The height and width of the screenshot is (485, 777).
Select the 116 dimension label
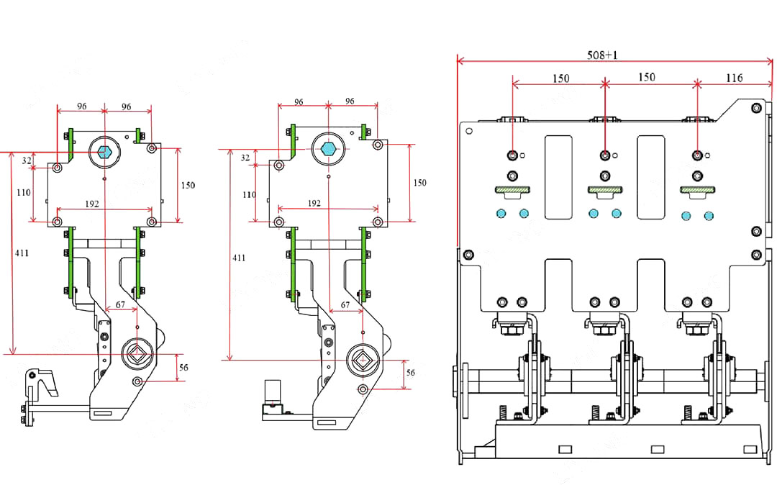(734, 78)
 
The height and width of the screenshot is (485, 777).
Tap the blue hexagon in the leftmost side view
(104, 152)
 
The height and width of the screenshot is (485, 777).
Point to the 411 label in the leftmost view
(21, 253)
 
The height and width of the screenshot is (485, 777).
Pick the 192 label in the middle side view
(314, 203)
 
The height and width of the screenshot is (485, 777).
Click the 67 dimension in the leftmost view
(120, 304)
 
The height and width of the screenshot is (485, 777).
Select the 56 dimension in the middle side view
(410, 373)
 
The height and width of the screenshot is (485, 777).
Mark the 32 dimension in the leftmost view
(27, 160)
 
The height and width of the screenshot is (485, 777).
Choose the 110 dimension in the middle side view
(248, 195)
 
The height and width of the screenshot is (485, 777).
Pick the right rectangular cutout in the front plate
(650, 176)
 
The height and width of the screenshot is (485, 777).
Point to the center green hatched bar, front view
(604, 190)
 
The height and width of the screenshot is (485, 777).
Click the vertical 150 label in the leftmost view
(187, 185)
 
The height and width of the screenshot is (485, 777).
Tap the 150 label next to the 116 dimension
(647, 77)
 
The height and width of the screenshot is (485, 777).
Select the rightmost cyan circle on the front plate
(709, 215)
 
